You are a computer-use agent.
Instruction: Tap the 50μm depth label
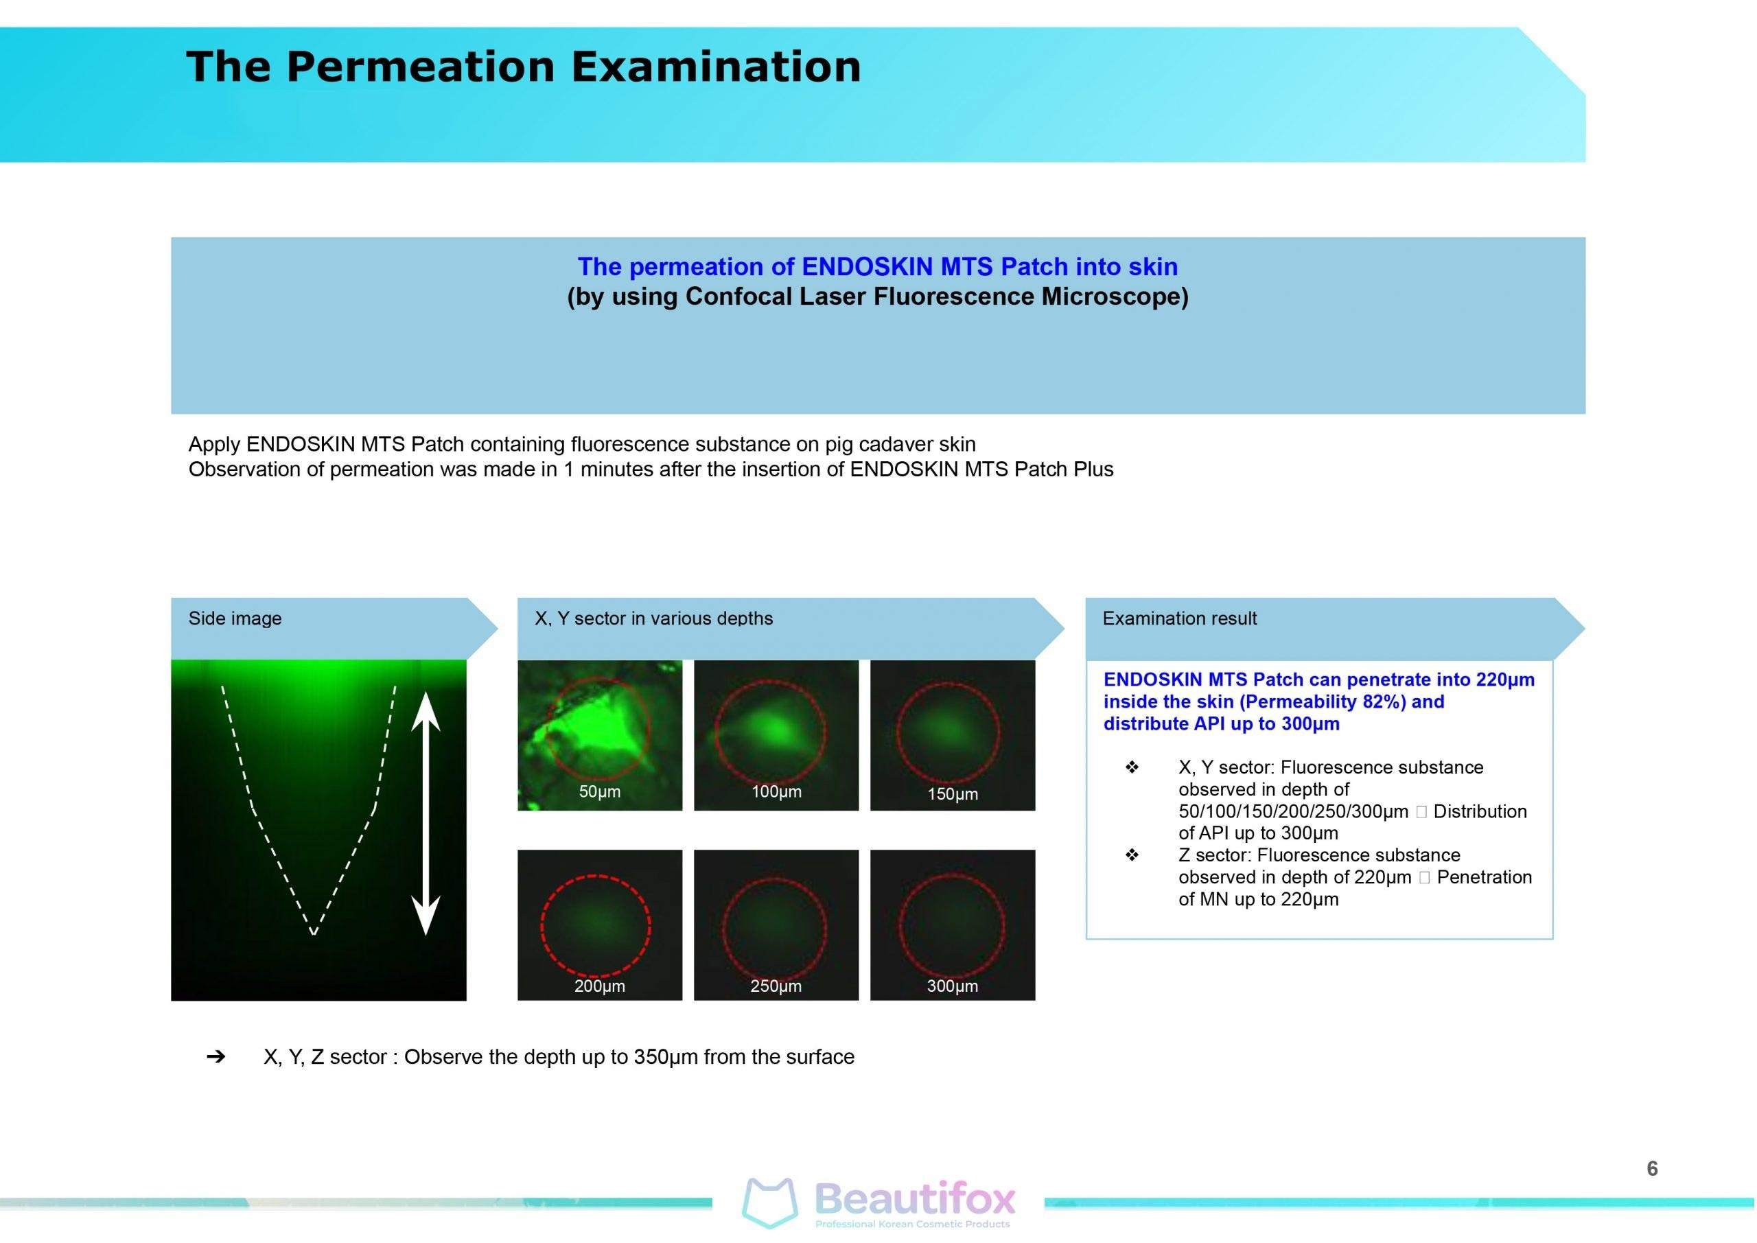(599, 791)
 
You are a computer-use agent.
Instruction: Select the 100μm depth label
(776, 791)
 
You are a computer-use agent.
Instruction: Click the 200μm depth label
(599, 986)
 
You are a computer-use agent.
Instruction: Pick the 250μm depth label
(776, 986)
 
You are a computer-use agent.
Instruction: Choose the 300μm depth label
(953, 986)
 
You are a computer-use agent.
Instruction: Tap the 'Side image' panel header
(235, 618)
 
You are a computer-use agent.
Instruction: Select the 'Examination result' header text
(1179, 618)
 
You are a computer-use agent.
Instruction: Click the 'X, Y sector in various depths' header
(653, 618)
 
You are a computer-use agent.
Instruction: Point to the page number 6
(1652, 1168)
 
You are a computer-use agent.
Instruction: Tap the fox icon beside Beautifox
(770, 1203)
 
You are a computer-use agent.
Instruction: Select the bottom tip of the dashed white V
(314, 933)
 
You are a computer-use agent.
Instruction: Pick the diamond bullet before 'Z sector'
(1132, 855)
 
